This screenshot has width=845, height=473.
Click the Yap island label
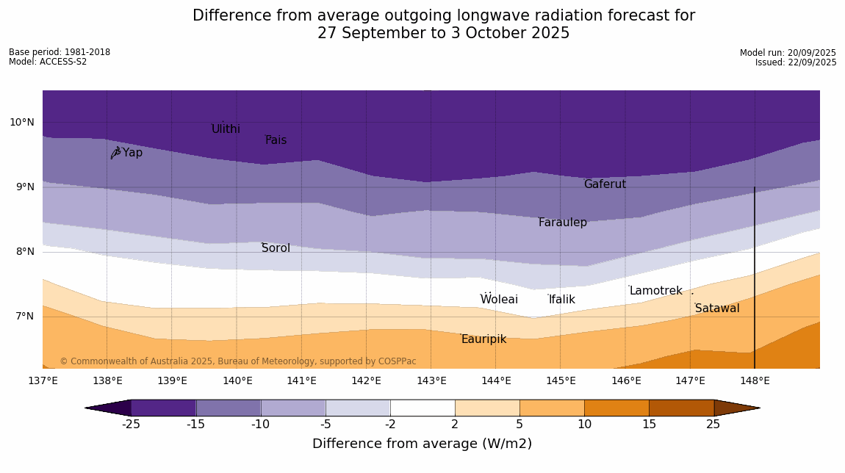pyautogui.click(x=132, y=153)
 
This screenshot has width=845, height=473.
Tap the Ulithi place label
pyautogui.click(x=226, y=129)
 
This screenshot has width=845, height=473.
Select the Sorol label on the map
pyautogui.click(x=276, y=248)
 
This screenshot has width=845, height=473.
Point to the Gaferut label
pyautogui.click(x=605, y=184)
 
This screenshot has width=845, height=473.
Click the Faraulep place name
pyautogui.click(x=562, y=223)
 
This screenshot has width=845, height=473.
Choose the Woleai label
pyautogui.click(x=499, y=300)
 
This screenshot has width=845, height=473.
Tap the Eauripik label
pyautogui.click(x=483, y=339)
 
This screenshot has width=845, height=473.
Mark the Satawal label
pyautogui.click(x=717, y=308)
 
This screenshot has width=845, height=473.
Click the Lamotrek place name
pyautogui.click(x=655, y=291)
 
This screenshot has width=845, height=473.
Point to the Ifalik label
pyautogui.click(x=561, y=300)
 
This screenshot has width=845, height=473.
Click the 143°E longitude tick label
pyautogui.click(x=431, y=380)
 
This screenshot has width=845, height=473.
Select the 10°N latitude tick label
pyautogui.click(x=22, y=123)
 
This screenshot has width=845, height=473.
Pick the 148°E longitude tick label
pyautogui.click(x=755, y=380)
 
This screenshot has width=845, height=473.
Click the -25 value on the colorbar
pyautogui.click(x=131, y=424)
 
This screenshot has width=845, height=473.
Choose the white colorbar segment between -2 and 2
pyautogui.click(x=422, y=408)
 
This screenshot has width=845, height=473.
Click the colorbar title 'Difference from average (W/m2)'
pyautogui.click(x=422, y=444)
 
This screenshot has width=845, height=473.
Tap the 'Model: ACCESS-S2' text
pyautogui.click(x=48, y=62)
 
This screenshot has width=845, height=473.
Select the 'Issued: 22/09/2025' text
pyautogui.click(x=796, y=62)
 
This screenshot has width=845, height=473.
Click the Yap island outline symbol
pyautogui.click(x=115, y=153)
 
